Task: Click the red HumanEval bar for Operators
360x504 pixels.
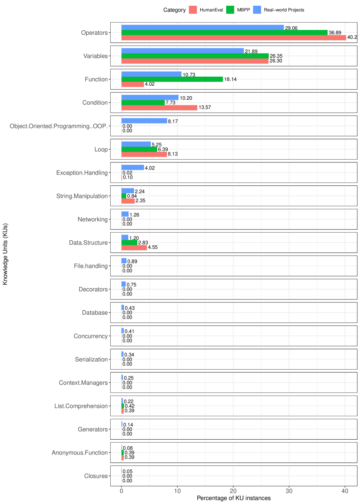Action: (x=233, y=38)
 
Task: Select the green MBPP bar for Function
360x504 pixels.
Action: (x=172, y=79)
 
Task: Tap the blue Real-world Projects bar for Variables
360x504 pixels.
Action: (x=183, y=51)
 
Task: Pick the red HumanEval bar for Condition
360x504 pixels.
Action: (x=159, y=108)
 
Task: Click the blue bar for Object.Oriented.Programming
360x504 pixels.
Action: (x=144, y=121)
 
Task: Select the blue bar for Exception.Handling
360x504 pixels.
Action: (x=133, y=168)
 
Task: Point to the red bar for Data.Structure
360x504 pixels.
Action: (x=134, y=247)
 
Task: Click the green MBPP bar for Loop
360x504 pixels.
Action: (x=139, y=150)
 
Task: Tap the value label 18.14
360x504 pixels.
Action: (x=230, y=79)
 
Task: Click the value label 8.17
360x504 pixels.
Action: (x=173, y=121)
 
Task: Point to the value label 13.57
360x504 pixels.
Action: (x=205, y=108)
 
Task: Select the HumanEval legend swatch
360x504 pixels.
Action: (x=193, y=10)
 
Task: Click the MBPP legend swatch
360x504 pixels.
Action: (x=230, y=10)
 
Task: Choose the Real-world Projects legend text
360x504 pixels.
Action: (x=284, y=10)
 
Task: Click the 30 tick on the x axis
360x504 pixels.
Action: (x=289, y=491)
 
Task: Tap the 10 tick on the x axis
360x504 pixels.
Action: (x=177, y=491)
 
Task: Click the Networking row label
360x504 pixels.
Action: (x=93, y=219)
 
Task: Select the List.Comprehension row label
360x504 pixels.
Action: (x=81, y=406)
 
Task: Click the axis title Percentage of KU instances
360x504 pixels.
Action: (x=233, y=498)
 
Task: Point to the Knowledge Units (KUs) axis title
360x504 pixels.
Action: (x=5, y=254)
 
